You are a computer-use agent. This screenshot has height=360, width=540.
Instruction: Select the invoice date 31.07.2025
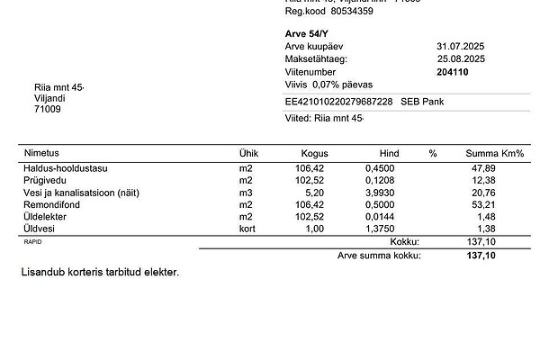461,45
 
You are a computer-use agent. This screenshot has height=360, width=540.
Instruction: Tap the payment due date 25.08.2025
461,58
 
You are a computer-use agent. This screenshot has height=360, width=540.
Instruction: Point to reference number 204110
452,72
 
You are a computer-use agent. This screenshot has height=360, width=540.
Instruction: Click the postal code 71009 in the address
47,110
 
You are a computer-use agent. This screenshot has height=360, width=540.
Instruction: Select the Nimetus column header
41,153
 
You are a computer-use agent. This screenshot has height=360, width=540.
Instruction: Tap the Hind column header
390,154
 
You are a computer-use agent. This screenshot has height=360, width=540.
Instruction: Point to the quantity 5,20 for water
313,193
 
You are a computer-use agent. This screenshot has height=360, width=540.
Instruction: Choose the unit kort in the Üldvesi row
247,230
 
